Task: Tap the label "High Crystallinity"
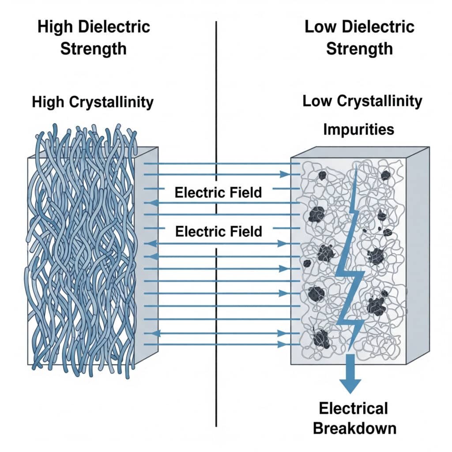pos(93,102)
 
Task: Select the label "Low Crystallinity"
pos(362,101)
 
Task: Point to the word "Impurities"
pos(358,129)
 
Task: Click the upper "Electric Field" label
pos(218,192)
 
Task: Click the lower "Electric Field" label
pos(218,231)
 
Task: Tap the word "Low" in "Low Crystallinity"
pos(318,101)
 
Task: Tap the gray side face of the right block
pos(417,256)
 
